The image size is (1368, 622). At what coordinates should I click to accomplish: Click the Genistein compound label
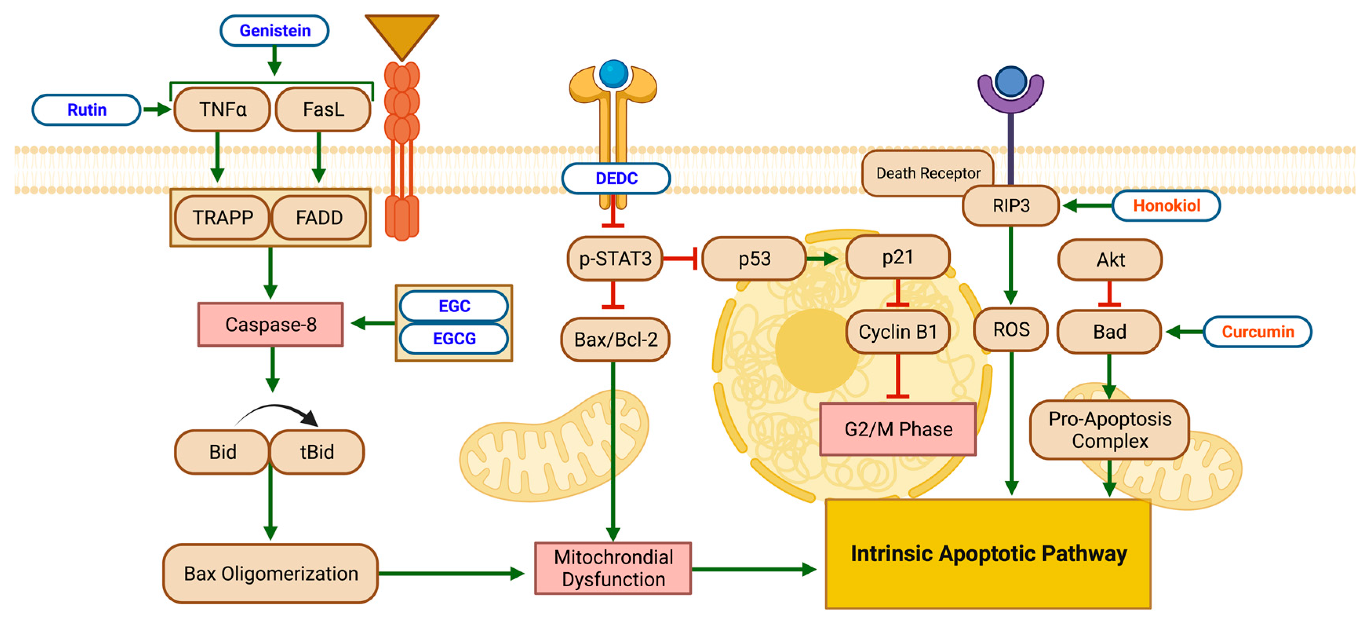click(x=275, y=31)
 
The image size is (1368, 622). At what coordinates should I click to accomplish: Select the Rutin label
click(x=87, y=110)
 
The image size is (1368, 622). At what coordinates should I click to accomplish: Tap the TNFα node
click(x=222, y=109)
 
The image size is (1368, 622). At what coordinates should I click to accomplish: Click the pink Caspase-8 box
click(x=270, y=325)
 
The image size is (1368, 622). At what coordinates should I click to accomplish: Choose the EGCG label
click(x=454, y=338)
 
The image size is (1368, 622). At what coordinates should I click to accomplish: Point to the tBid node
click(x=317, y=452)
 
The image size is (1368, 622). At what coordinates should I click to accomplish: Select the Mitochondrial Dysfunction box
click(x=613, y=568)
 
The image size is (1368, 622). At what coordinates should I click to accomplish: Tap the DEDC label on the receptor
click(x=616, y=178)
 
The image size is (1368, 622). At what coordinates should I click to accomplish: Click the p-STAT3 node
click(x=615, y=259)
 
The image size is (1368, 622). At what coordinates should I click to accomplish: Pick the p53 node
click(x=754, y=259)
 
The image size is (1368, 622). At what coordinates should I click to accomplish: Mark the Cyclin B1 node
click(x=897, y=332)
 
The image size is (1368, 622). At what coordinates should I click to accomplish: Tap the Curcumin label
click(x=1257, y=332)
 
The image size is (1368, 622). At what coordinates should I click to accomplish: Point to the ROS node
click(x=1011, y=329)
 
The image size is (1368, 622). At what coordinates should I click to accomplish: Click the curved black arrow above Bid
click(x=276, y=410)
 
